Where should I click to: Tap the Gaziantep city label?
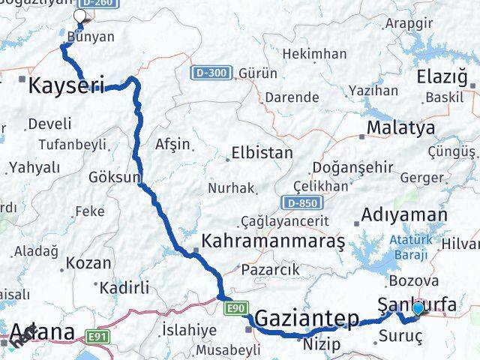(307, 320)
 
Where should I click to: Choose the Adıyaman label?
(403, 215)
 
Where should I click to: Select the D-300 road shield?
(205, 73)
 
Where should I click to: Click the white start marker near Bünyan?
(79, 14)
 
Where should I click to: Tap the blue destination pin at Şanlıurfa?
(418, 307)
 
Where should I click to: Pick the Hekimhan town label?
(315, 54)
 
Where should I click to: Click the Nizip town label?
(322, 344)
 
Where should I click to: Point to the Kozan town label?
(88, 263)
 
